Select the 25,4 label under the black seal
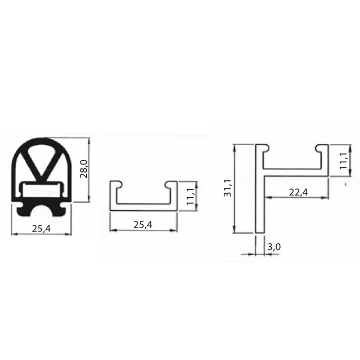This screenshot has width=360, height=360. (x=41, y=228)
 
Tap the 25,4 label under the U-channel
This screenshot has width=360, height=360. (x=142, y=224)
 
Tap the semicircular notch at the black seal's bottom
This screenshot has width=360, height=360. (x=41, y=211)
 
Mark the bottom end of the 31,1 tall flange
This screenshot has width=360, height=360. (x=260, y=231)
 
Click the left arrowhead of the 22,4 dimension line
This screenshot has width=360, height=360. (x=267, y=197)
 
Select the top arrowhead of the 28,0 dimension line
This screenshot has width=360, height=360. (x=91, y=140)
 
